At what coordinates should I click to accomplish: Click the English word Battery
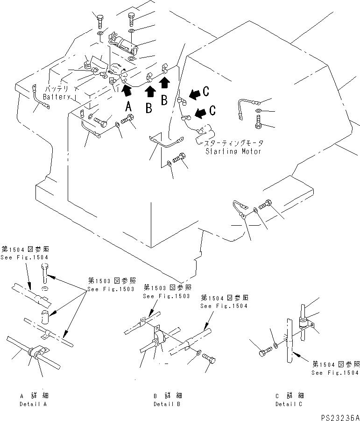coord(56,97)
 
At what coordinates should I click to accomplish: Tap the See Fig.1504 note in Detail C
coord(336,368)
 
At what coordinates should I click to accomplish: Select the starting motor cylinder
coord(205,135)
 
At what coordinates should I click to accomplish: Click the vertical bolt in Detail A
coord(44,272)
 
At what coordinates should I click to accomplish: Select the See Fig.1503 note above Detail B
coord(166,292)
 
